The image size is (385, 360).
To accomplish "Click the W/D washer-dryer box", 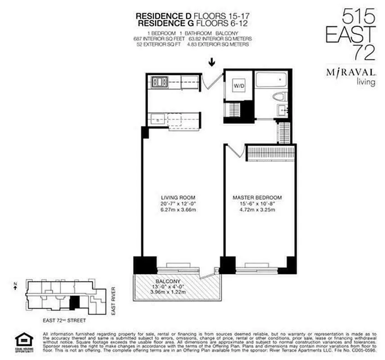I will tap(239, 86).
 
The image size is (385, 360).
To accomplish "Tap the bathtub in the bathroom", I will tap(271, 81).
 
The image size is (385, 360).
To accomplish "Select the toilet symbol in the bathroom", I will tap(280, 97).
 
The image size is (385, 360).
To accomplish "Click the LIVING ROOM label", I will tap(179, 198).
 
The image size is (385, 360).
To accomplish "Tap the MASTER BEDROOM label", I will tap(257, 198).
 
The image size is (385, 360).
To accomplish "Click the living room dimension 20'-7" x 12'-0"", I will tap(179, 204).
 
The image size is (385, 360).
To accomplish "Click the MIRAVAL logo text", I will tap(350, 73).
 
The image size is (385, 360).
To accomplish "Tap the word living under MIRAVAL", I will tap(365, 82).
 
